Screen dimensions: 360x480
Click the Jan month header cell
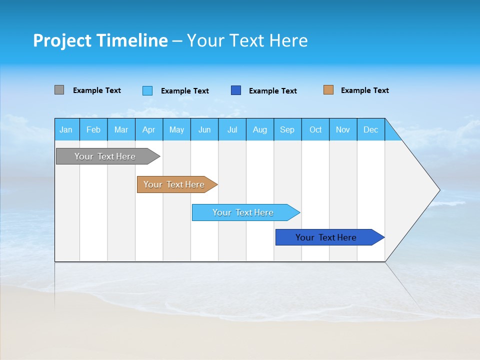(66, 129)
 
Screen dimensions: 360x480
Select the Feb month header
(93, 129)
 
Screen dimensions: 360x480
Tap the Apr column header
(149, 129)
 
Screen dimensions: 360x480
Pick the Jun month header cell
(204, 129)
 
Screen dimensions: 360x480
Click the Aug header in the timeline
(260, 129)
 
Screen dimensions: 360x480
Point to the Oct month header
(315, 129)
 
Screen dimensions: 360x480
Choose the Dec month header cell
(371, 129)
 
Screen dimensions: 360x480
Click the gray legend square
(59, 90)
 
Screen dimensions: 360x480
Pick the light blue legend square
(147, 90)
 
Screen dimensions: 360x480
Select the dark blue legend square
(236, 90)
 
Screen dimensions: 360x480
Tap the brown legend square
(328, 90)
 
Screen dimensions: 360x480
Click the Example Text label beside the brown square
(364, 90)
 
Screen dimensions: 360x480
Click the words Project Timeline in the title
(100, 40)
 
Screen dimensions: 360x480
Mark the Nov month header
(343, 129)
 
